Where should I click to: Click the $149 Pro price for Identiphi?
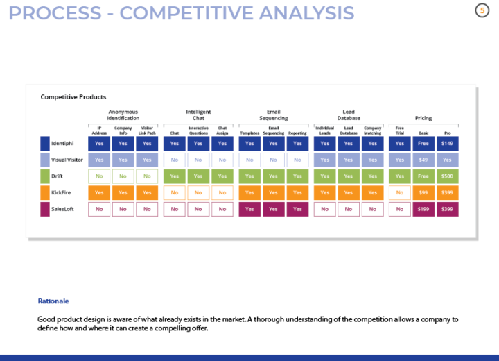coord(447,144)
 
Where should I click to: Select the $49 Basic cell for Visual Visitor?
coord(423,160)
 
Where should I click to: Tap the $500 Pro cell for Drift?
coord(447,176)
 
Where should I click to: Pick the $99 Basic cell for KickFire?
coord(423,192)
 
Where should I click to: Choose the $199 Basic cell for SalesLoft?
coord(423,209)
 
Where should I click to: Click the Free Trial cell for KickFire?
coord(399,192)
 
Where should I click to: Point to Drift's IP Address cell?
coord(99,176)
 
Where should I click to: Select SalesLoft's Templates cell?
coord(249,209)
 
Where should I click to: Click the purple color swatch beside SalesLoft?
coord(45,209)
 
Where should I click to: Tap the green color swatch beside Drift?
coord(45,176)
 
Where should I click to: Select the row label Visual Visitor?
coord(68,160)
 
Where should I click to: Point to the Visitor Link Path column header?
coord(147,131)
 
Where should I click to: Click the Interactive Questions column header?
coord(198,131)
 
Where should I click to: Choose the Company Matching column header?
coord(372,131)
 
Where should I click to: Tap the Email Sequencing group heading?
coord(273,115)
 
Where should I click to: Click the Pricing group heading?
coord(423,118)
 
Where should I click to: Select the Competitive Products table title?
coord(73,97)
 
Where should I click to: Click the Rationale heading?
coord(53,301)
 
